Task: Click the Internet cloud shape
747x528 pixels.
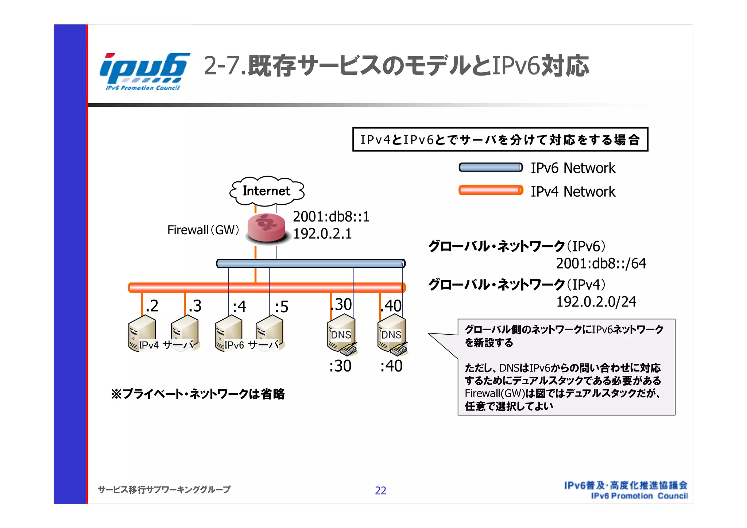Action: [x=267, y=191]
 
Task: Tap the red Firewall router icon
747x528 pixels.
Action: [x=266, y=228]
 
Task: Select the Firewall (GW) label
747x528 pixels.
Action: [x=203, y=230]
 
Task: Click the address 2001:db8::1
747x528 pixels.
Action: [x=331, y=217]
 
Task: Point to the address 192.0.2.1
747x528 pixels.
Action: [x=322, y=234]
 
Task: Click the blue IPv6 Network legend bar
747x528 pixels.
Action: [x=490, y=167]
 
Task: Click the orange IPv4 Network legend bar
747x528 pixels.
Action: [x=490, y=190]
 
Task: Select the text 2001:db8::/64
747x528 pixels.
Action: [x=601, y=263]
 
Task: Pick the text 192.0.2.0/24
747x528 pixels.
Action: [x=596, y=302]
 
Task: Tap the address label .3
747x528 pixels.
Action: [x=195, y=306]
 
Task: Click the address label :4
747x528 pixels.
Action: [x=239, y=307]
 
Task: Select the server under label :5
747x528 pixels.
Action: [x=269, y=333]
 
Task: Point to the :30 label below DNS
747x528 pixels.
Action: [x=340, y=366]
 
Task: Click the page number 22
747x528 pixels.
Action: [x=380, y=491]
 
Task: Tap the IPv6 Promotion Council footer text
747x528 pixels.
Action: [x=639, y=496]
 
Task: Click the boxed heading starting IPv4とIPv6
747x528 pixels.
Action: [x=500, y=139]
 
